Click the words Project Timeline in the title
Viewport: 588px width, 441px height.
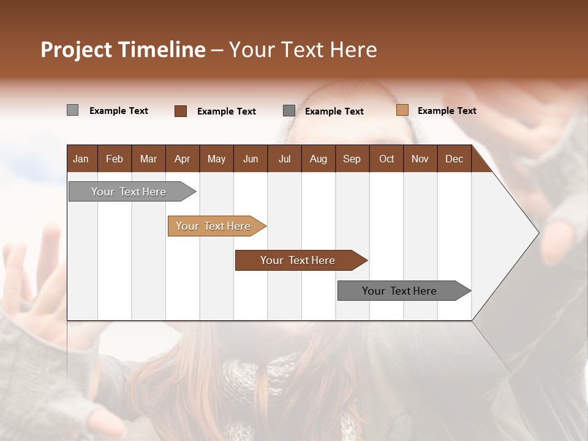[x=123, y=50]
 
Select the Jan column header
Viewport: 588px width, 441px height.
[x=81, y=159]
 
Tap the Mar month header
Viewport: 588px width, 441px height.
[x=148, y=159]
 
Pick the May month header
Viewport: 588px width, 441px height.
[x=216, y=159]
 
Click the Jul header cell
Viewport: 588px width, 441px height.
[x=284, y=159]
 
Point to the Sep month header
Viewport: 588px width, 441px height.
[x=352, y=159]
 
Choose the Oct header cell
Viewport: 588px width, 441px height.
[x=386, y=159]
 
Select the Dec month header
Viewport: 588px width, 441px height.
[x=454, y=159]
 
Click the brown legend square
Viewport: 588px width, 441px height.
[x=181, y=111]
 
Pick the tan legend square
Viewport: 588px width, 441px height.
[x=402, y=110]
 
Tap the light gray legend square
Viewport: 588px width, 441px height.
[x=73, y=110]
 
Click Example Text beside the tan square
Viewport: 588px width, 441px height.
[x=447, y=111]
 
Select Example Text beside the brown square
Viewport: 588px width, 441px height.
[x=226, y=111]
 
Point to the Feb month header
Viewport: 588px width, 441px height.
[x=115, y=159]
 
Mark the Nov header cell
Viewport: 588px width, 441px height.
[x=420, y=159]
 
